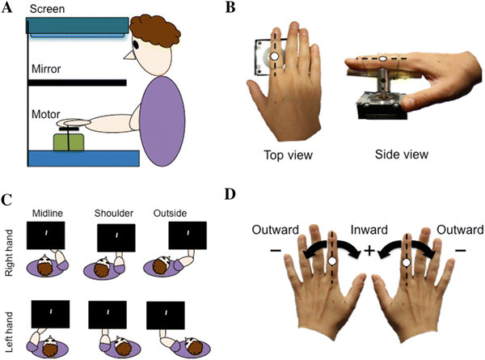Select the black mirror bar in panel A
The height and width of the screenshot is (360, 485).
coord(77,82)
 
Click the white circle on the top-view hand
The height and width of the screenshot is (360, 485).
coord(275,57)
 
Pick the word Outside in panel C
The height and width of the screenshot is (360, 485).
coord(171,213)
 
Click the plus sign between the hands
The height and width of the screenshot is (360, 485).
coord(369,250)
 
